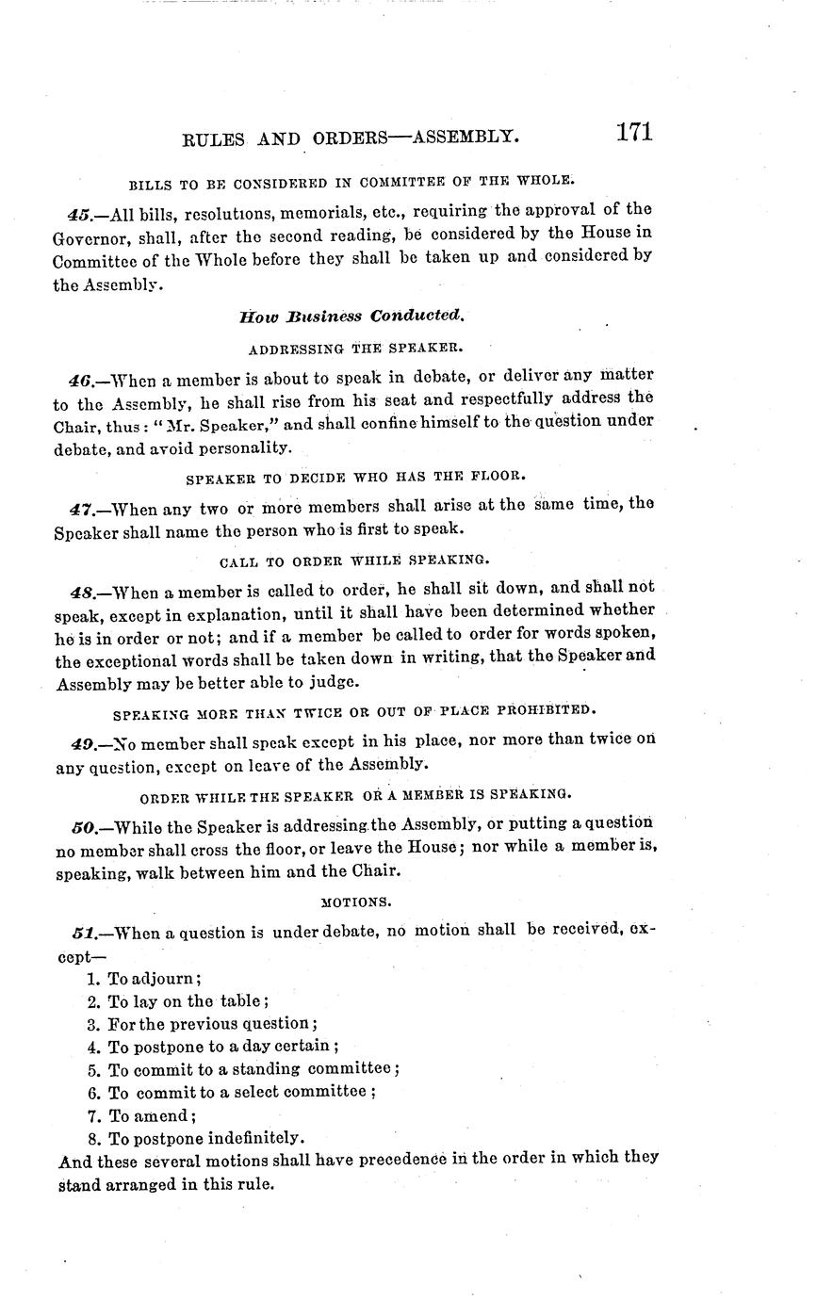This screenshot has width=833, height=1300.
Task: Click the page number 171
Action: pos(634,132)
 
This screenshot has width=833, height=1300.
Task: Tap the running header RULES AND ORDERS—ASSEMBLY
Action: pos(350,138)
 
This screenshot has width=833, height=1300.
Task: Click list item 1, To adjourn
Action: pos(143,979)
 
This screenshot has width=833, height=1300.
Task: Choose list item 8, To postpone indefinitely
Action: pos(195,1138)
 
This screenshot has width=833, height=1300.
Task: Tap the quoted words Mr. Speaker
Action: pos(216,426)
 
